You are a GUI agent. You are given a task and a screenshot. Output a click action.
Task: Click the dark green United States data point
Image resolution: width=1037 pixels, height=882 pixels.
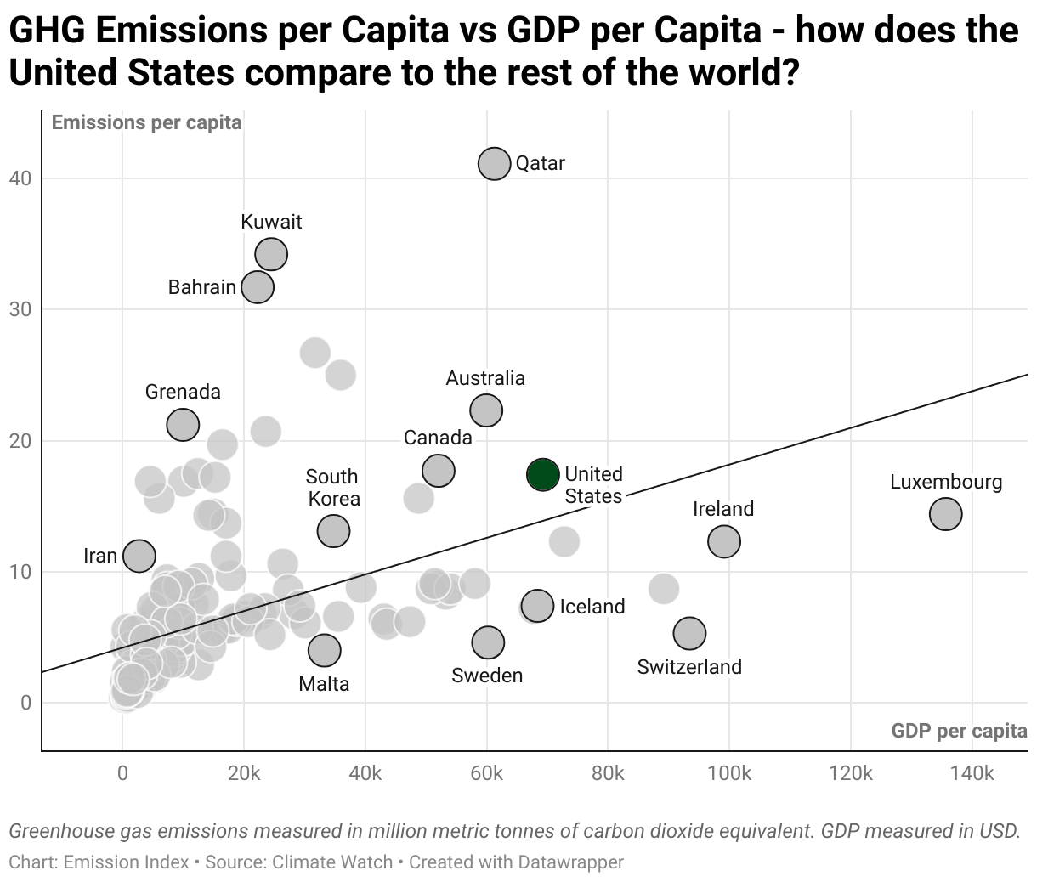[x=542, y=474]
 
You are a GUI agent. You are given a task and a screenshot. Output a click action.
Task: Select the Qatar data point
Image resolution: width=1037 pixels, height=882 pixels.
[x=494, y=163]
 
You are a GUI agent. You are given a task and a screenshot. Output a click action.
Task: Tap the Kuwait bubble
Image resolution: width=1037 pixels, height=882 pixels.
[x=271, y=253]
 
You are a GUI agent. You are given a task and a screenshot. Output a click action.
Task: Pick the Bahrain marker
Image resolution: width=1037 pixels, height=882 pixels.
[x=258, y=287]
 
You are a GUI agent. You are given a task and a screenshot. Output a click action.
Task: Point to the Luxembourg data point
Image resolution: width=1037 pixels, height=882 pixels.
[x=945, y=513]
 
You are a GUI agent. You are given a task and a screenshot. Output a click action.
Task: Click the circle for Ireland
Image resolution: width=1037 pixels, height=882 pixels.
[x=723, y=541]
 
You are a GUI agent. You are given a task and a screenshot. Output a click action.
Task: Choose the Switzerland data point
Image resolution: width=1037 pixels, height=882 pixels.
[x=689, y=633]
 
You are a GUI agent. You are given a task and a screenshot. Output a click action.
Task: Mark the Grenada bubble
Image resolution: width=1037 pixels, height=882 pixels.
[x=183, y=424]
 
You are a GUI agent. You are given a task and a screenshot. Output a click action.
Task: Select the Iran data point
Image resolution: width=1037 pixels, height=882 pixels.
[x=139, y=556]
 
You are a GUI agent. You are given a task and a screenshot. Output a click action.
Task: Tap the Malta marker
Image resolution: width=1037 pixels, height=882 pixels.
[x=324, y=650]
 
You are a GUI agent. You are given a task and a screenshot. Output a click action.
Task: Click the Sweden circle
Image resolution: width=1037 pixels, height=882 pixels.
[x=488, y=642]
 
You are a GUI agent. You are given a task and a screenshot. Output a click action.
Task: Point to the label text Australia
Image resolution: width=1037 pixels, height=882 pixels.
[x=485, y=378]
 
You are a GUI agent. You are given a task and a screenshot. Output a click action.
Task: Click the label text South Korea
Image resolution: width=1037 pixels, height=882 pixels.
[x=332, y=488]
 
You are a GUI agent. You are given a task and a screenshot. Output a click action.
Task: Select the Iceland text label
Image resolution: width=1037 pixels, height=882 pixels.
[x=592, y=607]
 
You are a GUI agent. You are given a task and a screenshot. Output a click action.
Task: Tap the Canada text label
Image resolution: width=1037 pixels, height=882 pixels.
[x=438, y=438]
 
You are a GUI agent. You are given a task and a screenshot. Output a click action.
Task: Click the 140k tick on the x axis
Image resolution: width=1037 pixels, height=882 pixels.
[x=972, y=773]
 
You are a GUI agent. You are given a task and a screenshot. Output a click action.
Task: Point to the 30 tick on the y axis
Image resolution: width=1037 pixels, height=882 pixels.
[x=20, y=309]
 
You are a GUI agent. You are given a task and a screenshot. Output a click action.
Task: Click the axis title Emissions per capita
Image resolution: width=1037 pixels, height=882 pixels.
[x=146, y=123]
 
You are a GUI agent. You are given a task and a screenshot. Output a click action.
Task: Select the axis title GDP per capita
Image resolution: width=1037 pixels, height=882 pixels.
[x=959, y=731]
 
